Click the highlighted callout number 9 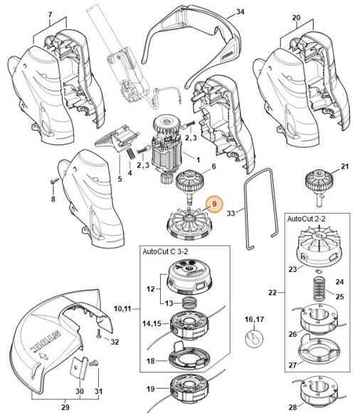click(x=214, y=204)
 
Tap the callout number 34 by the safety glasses click(x=240, y=12)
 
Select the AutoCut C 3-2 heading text click(x=165, y=251)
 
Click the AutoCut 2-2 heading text click(x=307, y=219)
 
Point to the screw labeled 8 click(x=55, y=181)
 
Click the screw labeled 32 click(x=99, y=333)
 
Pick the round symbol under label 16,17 click(x=254, y=338)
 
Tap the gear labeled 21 click(x=319, y=186)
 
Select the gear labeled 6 click(x=189, y=186)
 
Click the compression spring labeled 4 click(x=130, y=154)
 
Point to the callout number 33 click(x=231, y=213)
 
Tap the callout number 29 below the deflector click(x=65, y=407)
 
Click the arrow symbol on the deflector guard click(x=43, y=357)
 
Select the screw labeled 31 click(x=93, y=363)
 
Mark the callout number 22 click(x=272, y=293)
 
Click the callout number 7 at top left click(x=51, y=15)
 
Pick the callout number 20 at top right click(x=296, y=18)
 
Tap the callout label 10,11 click(x=122, y=308)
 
